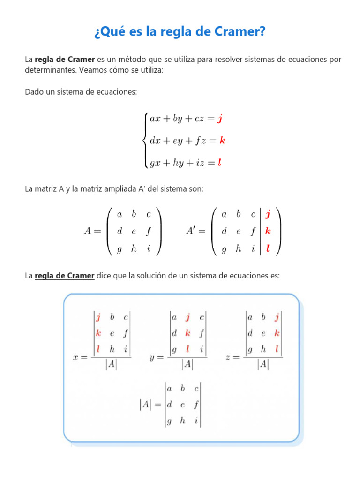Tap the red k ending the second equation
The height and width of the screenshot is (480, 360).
click(x=223, y=141)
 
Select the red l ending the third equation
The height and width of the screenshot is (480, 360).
click(x=219, y=163)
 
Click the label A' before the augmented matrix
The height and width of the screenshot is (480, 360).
click(x=192, y=232)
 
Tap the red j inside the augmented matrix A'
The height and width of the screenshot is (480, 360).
click(x=268, y=215)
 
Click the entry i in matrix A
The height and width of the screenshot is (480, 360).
click(x=149, y=249)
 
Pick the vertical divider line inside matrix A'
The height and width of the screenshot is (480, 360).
click(x=260, y=232)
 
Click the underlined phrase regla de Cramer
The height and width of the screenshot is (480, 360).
click(x=65, y=276)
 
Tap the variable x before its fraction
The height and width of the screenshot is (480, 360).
click(x=76, y=358)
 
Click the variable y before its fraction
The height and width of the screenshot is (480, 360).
click(x=153, y=358)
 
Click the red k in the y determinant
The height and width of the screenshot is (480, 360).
click(x=187, y=333)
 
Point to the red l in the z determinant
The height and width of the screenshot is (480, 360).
click(x=277, y=349)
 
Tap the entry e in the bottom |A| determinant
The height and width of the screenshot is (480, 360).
click(x=183, y=405)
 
